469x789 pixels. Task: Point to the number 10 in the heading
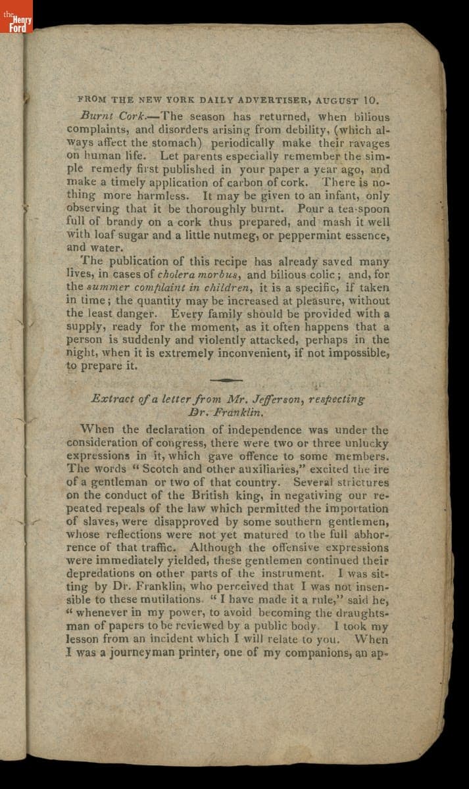370,101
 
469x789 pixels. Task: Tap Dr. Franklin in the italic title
217,412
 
